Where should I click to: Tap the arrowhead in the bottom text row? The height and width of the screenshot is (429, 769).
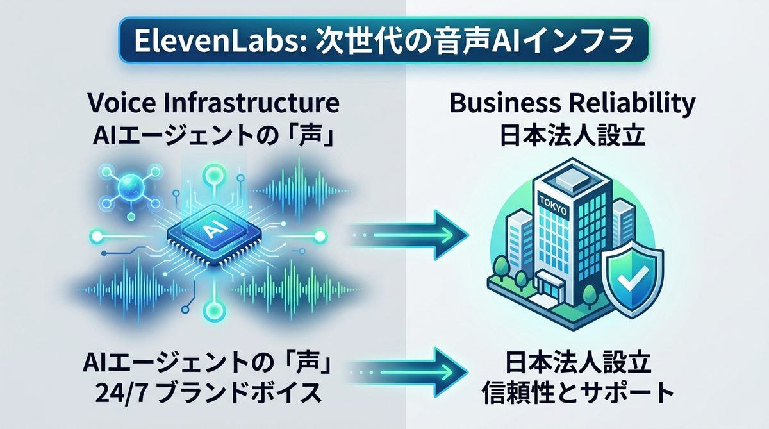tap(452, 369)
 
